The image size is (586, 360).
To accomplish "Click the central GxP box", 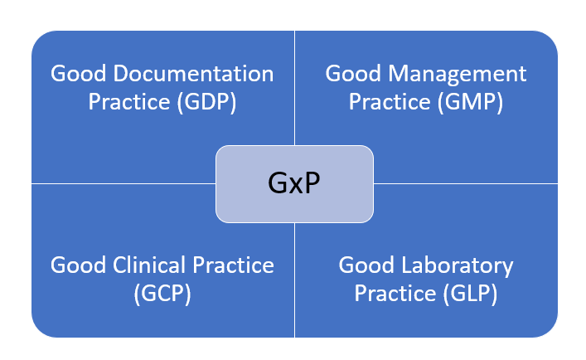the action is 294,183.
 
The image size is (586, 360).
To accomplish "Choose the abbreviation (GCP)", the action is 162,294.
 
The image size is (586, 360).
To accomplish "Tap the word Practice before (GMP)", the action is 388,102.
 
